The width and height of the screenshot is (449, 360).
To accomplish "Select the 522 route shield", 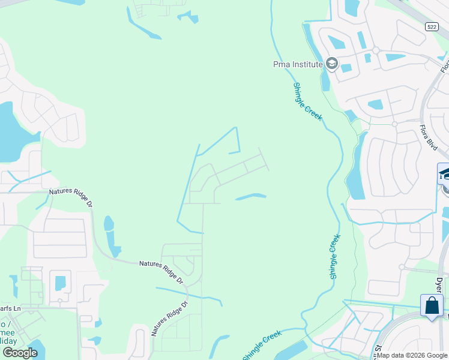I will coord(431,27).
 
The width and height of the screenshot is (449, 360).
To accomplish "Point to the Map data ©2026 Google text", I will coord(412,355).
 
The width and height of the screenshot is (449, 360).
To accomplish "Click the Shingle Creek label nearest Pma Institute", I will coord(308,101).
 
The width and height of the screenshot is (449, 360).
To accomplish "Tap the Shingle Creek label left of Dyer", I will coord(334,256).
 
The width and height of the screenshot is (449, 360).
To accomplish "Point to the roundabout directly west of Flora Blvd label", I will coord(394,124).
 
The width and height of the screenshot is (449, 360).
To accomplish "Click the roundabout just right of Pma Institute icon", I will coord(376,50).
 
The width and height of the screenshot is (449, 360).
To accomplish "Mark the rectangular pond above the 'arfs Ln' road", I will coord(59,282).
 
